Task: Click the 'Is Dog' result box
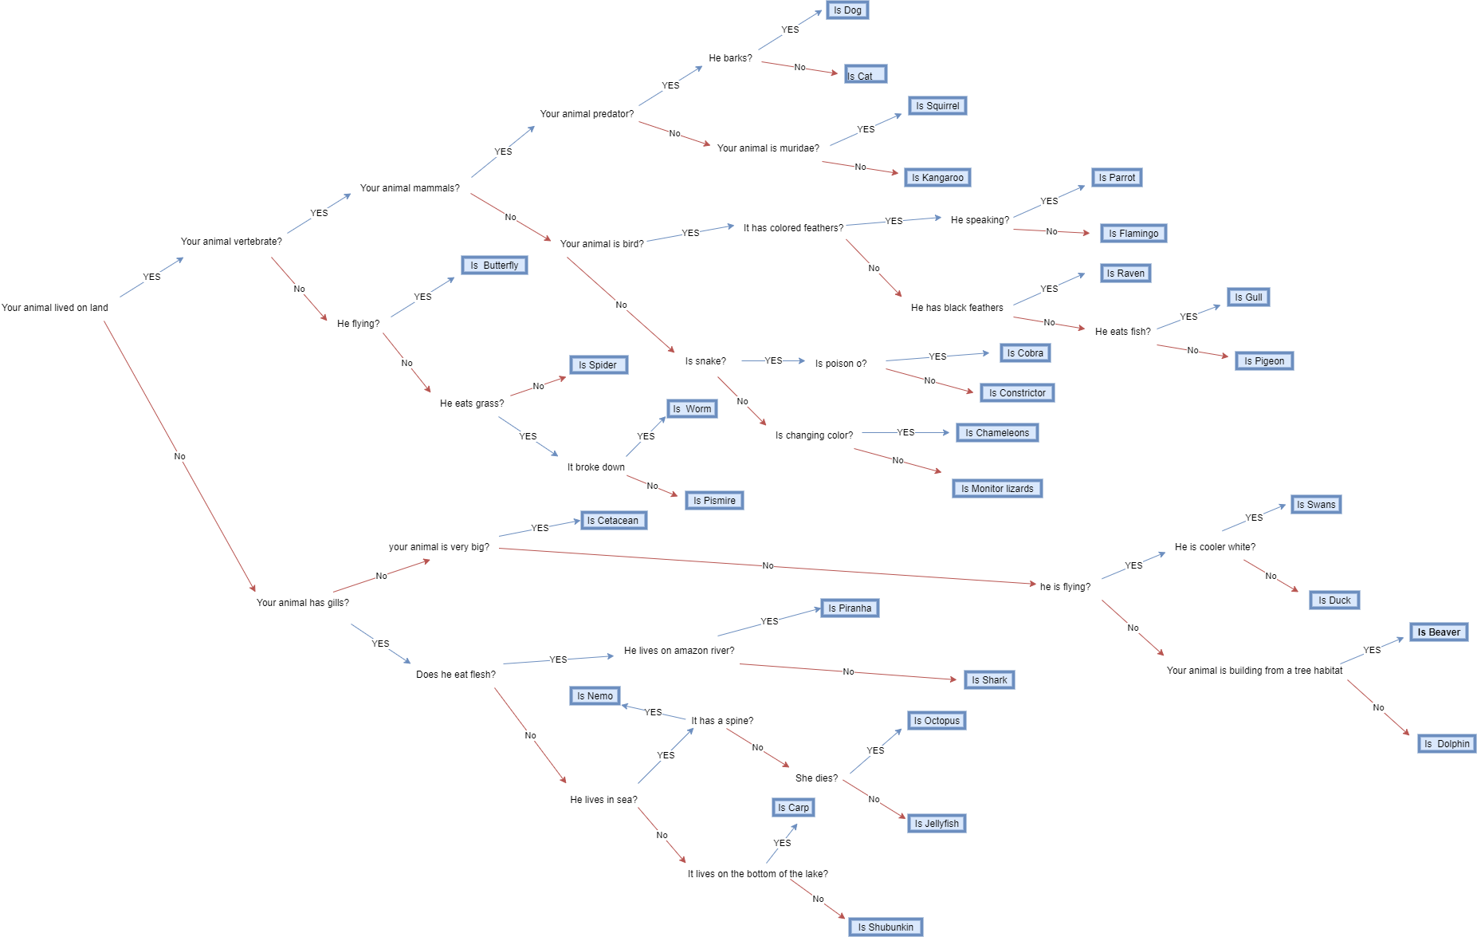tap(847, 10)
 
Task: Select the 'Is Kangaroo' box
tap(937, 178)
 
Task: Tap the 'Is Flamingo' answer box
tap(1133, 234)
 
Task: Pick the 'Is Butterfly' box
tap(494, 266)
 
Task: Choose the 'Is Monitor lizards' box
tap(997, 489)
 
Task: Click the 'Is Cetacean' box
tap(613, 521)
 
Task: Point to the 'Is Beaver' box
tap(1438, 632)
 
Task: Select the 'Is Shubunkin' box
tap(886, 927)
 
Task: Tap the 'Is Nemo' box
tap(595, 696)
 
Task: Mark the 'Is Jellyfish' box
tap(937, 824)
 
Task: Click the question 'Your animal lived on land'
tap(55, 308)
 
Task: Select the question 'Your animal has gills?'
tap(303, 603)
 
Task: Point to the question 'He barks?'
tap(730, 58)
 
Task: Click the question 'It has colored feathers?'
tap(793, 228)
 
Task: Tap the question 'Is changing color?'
tap(814, 435)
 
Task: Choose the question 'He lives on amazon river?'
tap(679, 651)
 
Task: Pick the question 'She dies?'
tap(816, 778)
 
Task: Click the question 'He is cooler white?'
tap(1215, 547)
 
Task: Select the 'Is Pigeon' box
tap(1264, 361)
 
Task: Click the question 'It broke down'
tap(596, 467)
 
